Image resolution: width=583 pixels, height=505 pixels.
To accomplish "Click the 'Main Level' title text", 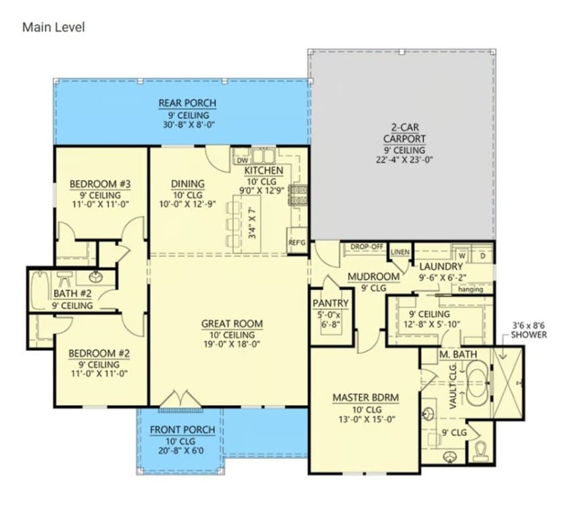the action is [x=53, y=27].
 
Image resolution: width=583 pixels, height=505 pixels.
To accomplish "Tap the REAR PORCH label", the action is [x=187, y=103].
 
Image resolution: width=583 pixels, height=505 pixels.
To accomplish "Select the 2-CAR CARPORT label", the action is [x=404, y=133].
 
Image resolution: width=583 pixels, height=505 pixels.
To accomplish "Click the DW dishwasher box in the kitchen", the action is [x=242, y=160].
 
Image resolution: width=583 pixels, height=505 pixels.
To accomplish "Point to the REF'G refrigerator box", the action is [x=296, y=242].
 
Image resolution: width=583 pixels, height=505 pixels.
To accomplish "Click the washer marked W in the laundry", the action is [x=462, y=256].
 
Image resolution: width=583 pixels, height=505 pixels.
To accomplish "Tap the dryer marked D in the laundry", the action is [x=482, y=256].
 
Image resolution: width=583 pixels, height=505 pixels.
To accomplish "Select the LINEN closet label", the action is [x=400, y=252].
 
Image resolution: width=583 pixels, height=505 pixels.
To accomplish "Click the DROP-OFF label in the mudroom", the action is [x=367, y=247].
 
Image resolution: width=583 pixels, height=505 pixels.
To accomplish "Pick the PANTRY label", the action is [x=331, y=303].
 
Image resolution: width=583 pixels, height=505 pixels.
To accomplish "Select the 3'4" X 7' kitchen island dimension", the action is [x=252, y=223].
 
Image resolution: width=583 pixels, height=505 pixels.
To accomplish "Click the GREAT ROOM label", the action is [x=232, y=324].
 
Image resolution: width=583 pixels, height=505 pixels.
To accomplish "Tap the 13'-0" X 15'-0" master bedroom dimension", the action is [x=367, y=420].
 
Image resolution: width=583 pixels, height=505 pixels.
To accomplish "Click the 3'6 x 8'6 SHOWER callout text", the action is [x=528, y=330].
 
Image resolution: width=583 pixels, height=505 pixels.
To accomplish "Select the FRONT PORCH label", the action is [x=183, y=430].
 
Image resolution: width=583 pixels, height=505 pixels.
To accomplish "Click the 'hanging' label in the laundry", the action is [x=471, y=289].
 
